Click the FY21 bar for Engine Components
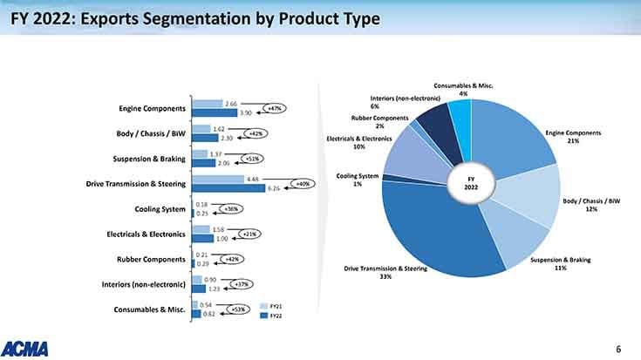pos(208,104)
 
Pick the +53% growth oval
pos(239,309)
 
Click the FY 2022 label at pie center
pos(473,184)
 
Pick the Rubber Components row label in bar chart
pos(151,260)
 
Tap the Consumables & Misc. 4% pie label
pos(463,89)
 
